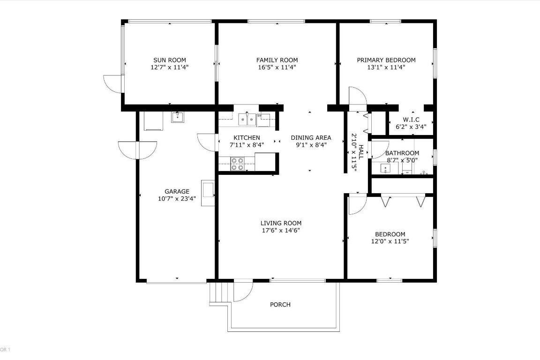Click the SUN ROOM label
[x=170, y=60]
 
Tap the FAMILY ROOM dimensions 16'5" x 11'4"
[x=277, y=67]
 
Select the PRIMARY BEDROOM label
[x=386, y=60]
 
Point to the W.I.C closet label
[x=411, y=120]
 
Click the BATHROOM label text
[x=402, y=153]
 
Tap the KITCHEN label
[x=247, y=138]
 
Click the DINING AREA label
[x=311, y=138]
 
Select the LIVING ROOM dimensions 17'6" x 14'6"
[x=281, y=230]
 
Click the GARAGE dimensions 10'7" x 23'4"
[x=177, y=199]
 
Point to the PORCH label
[x=280, y=305]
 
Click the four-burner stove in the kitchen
[x=238, y=164]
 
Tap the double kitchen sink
[x=247, y=120]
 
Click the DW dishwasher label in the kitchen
[x=259, y=115]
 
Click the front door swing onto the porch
[x=242, y=291]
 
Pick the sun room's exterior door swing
[x=112, y=83]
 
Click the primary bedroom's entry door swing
[x=357, y=98]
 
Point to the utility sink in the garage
[x=178, y=117]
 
